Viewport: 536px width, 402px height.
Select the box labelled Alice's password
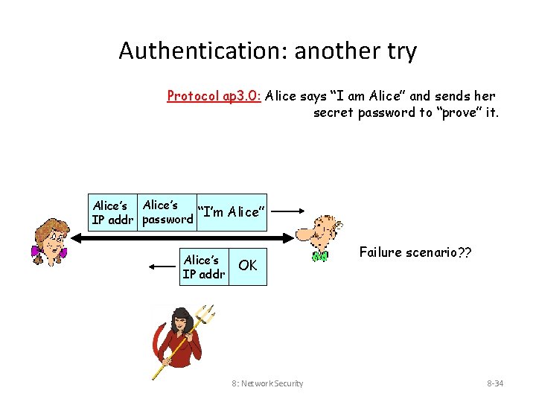(167, 212)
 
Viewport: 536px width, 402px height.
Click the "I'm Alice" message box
(229, 212)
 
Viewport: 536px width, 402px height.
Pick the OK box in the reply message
(247, 266)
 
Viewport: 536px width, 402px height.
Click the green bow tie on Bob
(320, 257)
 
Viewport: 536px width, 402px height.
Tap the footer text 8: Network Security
(267, 383)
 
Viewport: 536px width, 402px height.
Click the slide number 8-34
(495, 383)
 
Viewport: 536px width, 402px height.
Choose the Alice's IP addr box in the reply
(203, 267)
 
